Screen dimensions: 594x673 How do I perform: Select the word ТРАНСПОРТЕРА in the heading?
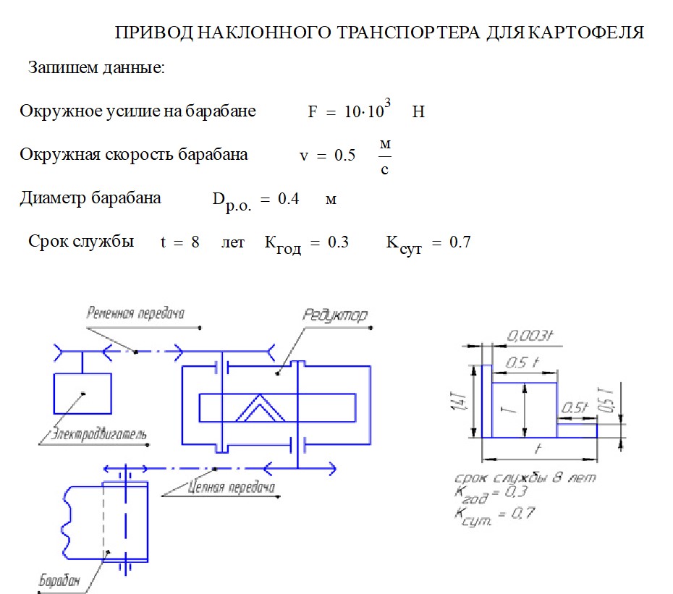[396, 33]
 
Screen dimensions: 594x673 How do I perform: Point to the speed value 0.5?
[344, 156]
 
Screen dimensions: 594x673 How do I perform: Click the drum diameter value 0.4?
[289, 199]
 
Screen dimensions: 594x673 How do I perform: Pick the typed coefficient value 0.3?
[338, 242]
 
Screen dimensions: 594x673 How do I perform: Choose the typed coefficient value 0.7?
[460, 242]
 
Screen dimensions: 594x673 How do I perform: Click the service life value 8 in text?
[195, 242]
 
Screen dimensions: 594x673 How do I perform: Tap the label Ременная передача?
[135, 313]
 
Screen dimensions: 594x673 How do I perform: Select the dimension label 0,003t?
[530, 336]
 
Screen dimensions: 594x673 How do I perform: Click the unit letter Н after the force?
[418, 112]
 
